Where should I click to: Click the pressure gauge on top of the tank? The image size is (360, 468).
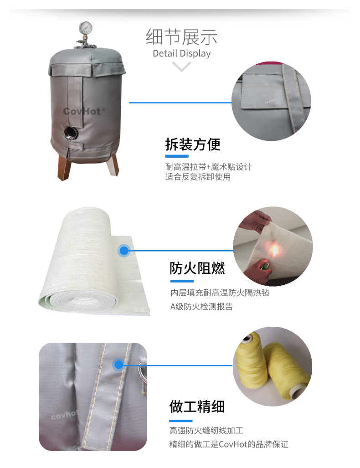click(86, 28)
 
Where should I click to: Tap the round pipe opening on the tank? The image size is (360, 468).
click(71, 132)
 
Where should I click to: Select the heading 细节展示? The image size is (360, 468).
click(181, 37)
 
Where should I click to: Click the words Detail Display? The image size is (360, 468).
click(181, 53)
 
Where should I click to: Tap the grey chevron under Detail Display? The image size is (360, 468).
click(181, 67)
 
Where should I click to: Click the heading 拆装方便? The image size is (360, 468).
click(193, 144)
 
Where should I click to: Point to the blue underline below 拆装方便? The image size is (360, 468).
click(177, 156)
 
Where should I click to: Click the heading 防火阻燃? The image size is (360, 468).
click(197, 268)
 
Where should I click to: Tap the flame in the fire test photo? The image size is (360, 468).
click(274, 250)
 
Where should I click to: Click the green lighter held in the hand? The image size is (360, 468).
click(265, 265)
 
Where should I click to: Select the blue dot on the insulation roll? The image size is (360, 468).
click(124, 251)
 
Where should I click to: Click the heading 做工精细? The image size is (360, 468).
click(197, 406)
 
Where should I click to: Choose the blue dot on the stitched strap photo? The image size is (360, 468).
click(119, 365)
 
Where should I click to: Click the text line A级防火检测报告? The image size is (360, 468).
click(201, 307)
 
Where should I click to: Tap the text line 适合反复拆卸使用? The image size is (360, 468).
click(198, 177)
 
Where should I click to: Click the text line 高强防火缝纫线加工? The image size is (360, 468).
click(206, 430)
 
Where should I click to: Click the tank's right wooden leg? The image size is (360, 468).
click(113, 164)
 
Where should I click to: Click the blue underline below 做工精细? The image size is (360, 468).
click(181, 421)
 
